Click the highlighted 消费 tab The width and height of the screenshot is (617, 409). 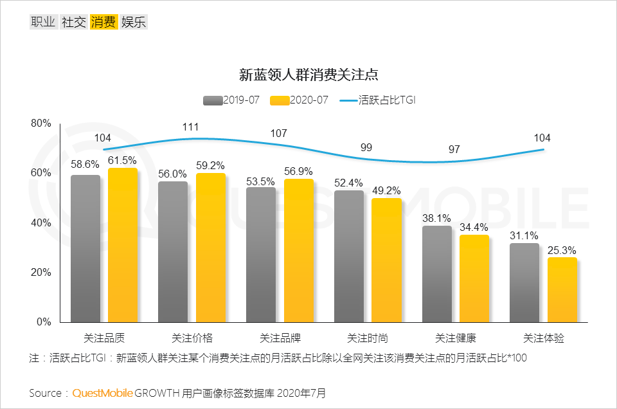click(103, 22)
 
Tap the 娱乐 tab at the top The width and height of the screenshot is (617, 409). click(134, 22)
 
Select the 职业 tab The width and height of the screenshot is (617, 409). click(43, 22)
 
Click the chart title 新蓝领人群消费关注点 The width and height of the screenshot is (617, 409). click(308, 74)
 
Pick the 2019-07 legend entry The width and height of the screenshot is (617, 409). click(231, 100)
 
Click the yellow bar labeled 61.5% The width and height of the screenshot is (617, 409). click(123, 245)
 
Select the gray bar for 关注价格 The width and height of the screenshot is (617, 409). click(173, 251)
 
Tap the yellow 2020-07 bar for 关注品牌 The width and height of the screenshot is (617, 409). click(299, 250)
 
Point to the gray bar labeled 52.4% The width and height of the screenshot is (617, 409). click(349, 256)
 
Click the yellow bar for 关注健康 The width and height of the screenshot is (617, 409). click(474, 278)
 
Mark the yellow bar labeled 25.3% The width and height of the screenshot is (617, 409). click(562, 289)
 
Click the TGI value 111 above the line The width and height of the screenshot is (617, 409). click(190, 127)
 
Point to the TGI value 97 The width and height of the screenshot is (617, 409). click(454, 149)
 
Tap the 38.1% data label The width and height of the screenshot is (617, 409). click(436, 218)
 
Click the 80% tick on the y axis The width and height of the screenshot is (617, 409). click(40, 123)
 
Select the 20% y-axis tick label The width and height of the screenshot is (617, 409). click(40, 272)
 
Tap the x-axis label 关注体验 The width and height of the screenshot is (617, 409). click(544, 338)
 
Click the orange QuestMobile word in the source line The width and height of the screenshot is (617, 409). click(102, 392)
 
